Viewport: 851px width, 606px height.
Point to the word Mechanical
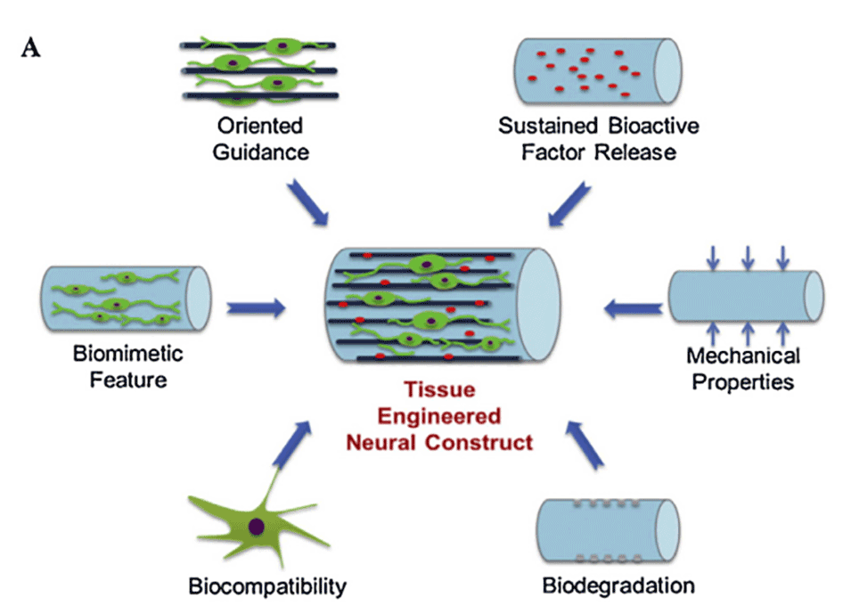(x=743, y=356)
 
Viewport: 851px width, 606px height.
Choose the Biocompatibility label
(x=267, y=586)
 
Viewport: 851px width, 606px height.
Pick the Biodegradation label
(x=618, y=586)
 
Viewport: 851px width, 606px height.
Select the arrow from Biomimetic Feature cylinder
(x=256, y=308)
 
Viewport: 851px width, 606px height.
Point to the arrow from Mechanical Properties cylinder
(x=632, y=308)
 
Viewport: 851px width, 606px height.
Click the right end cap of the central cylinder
(x=542, y=302)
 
